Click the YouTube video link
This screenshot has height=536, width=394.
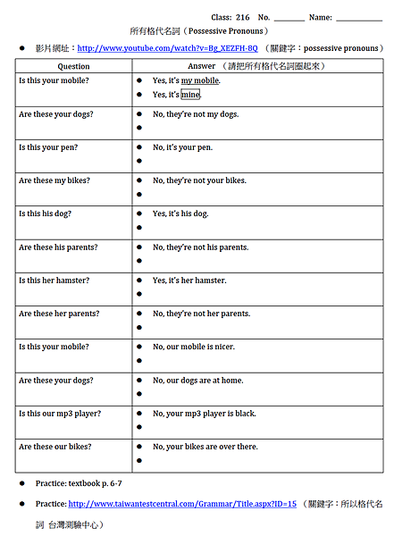point(168,47)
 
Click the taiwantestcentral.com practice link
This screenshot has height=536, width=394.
point(181,504)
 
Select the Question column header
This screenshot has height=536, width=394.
point(73,66)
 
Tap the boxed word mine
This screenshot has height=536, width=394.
point(190,95)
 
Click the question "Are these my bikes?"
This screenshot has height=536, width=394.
point(54,180)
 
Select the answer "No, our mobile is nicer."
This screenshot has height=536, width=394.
point(194,347)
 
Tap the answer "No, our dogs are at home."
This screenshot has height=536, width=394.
point(197,381)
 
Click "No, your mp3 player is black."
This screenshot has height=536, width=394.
point(204,414)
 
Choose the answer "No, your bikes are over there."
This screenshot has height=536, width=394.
point(205,447)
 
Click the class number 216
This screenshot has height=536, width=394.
point(243,17)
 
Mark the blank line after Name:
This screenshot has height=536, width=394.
point(359,18)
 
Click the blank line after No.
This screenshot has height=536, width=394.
point(289,18)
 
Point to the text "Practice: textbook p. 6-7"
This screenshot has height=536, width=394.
point(79,483)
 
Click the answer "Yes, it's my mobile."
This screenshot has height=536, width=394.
point(186,80)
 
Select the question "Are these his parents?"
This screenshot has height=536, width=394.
point(58,247)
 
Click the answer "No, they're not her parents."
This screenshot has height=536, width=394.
point(201,314)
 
